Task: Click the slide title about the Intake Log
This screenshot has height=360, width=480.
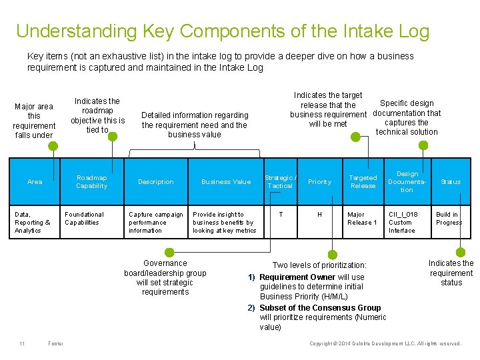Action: [x=223, y=31]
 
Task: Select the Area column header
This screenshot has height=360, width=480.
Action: [x=35, y=182]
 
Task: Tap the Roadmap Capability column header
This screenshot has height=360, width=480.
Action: [x=91, y=182]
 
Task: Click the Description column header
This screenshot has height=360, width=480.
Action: [x=155, y=182]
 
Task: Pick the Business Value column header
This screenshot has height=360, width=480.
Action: [x=226, y=182]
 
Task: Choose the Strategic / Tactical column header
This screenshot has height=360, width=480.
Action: [x=280, y=182]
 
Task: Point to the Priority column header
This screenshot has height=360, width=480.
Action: [x=319, y=182]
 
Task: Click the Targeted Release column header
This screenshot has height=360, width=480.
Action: [x=363, y=182]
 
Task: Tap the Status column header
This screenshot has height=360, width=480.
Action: [x=451, y=182]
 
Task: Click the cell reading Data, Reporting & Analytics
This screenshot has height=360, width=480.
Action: [x=33, y=223]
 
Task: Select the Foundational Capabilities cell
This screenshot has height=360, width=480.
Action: [x=85, y=219]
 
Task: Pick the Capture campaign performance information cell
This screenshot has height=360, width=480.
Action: [x=155, y=223]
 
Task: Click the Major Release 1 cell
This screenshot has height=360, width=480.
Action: [x=362, y=219]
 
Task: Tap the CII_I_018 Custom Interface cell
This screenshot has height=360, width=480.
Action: [x=402, y=223]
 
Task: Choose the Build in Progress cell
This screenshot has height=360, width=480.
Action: [x=449, y=219]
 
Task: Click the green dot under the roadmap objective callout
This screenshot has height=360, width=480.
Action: [x=113, y=137]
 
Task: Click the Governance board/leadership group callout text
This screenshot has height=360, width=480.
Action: [x=165, y=277]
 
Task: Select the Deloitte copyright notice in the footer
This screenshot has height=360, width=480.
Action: [x=385, y=343]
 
